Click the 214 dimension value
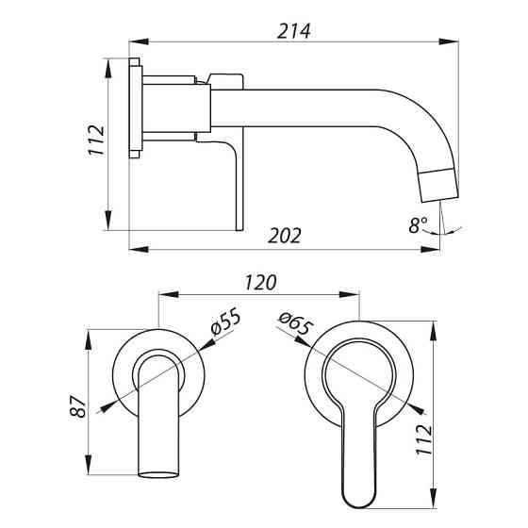pyautogui.click(x=293, y=31)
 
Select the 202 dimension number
pyautogui.click(x=285, y=236)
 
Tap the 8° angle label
pyautogui.click(x=419, y=225)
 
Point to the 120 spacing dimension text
pyautogui.click(x=260, y=283)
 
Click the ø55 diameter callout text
pyautogui.click(x=225, y=322)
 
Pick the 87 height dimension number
pyautogui.click(x=78, y=406)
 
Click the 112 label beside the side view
pyautogui.click(x=96, y=140)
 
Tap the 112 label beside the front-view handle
pyautogui.click(x=423, y=439)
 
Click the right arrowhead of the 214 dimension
pyautogui.click(x=449, y=41)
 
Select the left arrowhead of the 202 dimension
pyautogui.click(x=139, y=250)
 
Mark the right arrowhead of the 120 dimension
pyautogui.click(x=350, y=294)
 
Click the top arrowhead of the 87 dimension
pyautogui.click(x=89, y=339)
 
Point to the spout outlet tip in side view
pyautogui.click(x=440, y=199)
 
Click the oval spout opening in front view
pyautogui.click(x=158, y=475)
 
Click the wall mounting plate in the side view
pyautogui.click(x=136, y=108)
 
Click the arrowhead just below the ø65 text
pyautogui.click(x=303, y=341)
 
